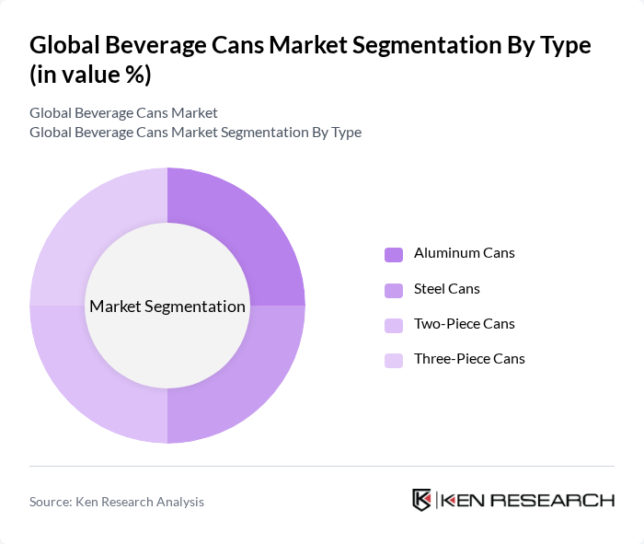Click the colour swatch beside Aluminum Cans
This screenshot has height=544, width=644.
(x=393, y=254)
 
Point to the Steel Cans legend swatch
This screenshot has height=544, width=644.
(x=393, y=290)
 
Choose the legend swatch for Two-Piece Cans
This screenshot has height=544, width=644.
(x=393, y=325)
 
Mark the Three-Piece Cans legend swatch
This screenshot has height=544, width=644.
(x=393, y=360)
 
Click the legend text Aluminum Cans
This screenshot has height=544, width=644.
(x=465, y=253)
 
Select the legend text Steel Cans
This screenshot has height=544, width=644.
(x=447, y=289)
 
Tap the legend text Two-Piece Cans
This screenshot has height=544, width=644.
(x=465, y=324)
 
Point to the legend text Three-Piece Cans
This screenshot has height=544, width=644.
(x=469, y=359)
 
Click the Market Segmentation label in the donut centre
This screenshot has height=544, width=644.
(x=167, y=307)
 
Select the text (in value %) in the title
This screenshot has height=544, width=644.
(x=90, y=75)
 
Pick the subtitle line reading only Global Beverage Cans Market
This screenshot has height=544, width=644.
(x=123, y=113)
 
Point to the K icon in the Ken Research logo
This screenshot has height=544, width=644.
(x=422, y=500)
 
